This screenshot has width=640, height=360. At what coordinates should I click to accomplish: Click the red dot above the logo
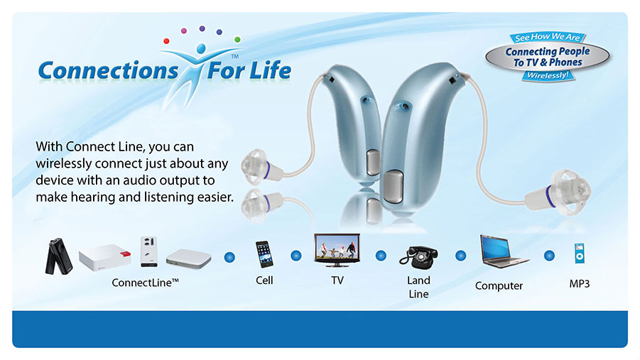click(x=166, y=40)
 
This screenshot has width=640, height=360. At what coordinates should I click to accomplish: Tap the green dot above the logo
click(x=237, y=40)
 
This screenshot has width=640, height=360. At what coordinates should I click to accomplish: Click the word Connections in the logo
click(x=108, y=70)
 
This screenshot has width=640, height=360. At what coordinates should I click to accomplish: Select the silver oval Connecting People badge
click(x=548, y=57)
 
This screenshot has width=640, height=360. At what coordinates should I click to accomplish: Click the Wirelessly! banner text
click(x=548, y=75)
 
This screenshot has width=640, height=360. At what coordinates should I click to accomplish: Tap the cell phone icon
click(x=264, y=254)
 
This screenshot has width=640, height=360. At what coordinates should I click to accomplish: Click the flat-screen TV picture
click(x=337, y=250)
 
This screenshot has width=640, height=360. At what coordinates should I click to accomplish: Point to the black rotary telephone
click(x=419, y=258)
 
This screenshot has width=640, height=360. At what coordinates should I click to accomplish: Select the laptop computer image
click(x=504, y=251)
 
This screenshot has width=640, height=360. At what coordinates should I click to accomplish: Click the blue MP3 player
click(x=579, y=253)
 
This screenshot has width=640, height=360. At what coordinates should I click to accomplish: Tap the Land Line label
click(x=418, y=287)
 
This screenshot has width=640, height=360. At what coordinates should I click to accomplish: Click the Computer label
click(x=499, y=285)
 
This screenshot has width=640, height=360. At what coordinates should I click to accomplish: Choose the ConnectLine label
click(x=146, y=283)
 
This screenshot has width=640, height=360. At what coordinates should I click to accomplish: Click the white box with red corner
click(x=105, y=258)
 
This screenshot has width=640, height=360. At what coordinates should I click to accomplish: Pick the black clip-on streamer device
click(x=58, y=256)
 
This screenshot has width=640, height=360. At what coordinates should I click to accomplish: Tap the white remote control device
click(x=148, y=251)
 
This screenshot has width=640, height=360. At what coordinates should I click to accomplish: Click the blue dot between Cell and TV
click(x=296, y=256)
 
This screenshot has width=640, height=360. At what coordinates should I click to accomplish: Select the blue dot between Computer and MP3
click(x=549, y=256)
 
